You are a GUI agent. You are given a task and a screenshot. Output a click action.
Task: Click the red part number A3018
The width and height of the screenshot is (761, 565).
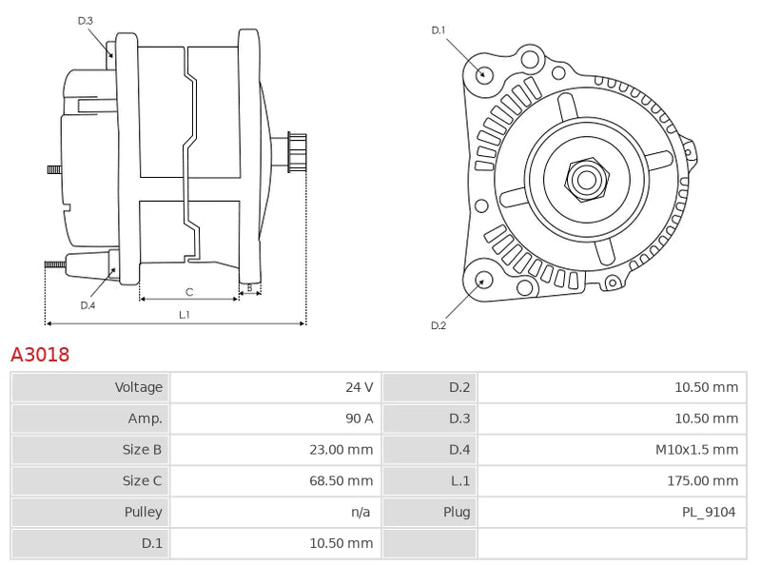[40, 355]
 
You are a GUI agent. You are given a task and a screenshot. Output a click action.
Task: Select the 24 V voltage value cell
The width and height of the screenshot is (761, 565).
[359, 387]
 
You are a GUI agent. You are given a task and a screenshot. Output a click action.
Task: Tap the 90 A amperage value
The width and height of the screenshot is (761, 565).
[359, 419]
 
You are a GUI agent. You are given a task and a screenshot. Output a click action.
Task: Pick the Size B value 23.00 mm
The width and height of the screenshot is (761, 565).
[340, 450]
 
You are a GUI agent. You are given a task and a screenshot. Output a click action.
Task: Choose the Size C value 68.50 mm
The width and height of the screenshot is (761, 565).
[340, 481]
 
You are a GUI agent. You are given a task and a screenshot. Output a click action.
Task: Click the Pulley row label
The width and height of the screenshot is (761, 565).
[144, 512]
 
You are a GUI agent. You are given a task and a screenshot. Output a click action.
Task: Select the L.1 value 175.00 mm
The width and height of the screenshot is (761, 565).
[703, 481]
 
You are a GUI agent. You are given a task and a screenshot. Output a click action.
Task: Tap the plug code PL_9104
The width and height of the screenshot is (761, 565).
[710, 512]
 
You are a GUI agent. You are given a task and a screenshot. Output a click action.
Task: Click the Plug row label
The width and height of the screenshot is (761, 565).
[457, 512]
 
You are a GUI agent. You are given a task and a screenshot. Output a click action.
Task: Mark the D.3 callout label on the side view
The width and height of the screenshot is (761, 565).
[86, 21]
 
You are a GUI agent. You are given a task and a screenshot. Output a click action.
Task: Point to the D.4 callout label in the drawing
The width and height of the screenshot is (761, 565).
[88, 305]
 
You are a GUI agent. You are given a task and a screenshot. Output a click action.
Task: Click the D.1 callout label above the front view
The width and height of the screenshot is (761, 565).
[439, 30]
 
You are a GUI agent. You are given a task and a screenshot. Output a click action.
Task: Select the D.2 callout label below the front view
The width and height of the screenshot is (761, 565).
[439, 325]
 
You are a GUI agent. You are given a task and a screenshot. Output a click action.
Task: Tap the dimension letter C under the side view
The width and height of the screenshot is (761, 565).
[189, 291]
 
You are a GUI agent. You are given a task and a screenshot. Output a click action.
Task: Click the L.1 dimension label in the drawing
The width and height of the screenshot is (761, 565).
[184, 315]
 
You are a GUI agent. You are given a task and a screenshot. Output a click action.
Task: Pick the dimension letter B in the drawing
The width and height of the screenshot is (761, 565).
[249, 287]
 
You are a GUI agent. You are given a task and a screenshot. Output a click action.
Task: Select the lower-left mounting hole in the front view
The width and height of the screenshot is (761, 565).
[483, 280]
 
